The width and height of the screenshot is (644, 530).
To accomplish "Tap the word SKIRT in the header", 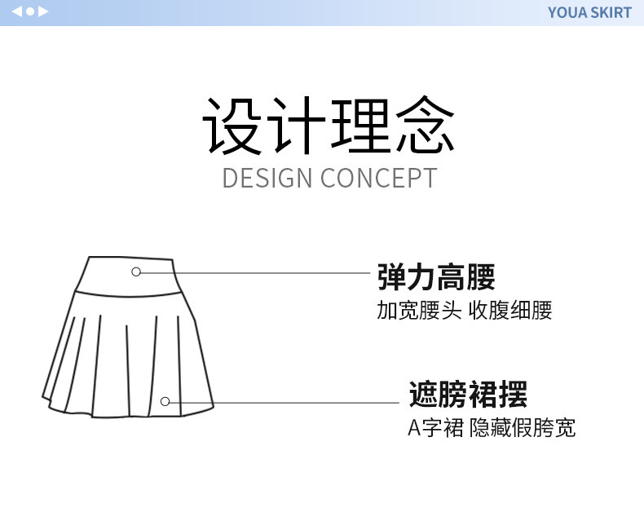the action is pos(612,12).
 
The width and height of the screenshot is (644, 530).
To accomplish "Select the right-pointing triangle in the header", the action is pos(43,11).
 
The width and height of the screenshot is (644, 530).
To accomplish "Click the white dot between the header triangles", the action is pos(30,11).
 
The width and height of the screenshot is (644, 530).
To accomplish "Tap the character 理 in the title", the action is pos(359,126).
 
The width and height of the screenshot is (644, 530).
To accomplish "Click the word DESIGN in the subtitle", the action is pos(267,178).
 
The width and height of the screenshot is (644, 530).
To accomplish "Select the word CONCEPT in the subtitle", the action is pos(379,178).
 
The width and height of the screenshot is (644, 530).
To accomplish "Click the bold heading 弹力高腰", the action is pos(436,277).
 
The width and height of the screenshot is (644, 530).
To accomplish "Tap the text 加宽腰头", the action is pos(419,310).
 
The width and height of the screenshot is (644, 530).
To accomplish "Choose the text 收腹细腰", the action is pos(510,310).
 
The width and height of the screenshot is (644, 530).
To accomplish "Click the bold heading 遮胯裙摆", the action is pos(468,395).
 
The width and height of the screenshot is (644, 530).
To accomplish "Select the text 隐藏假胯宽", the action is pos(523,427).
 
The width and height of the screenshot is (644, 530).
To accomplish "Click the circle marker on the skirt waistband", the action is pos(136,272).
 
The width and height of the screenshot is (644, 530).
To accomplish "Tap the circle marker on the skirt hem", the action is pos(165,401).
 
